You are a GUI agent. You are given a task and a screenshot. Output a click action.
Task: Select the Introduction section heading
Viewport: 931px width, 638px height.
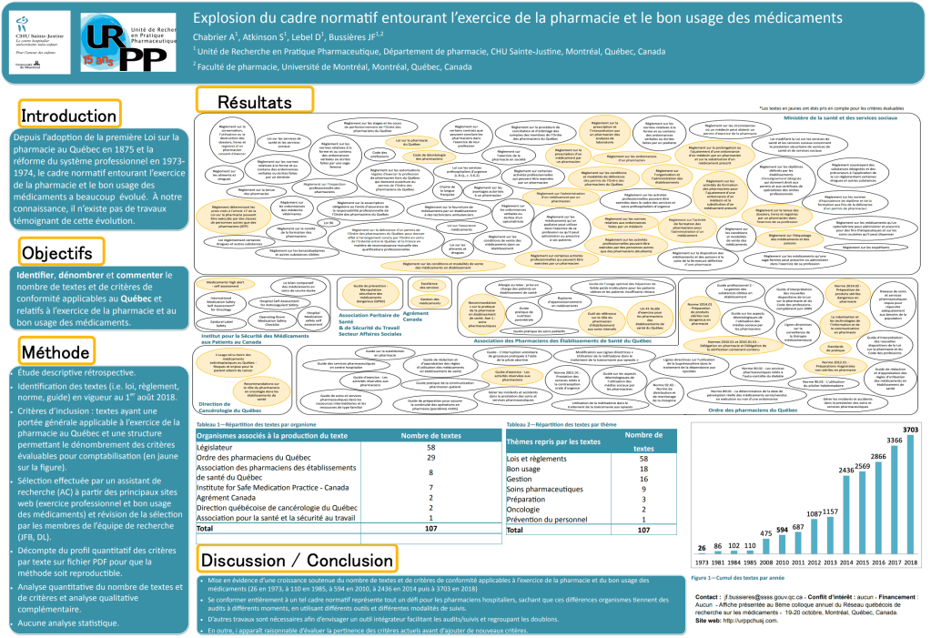[x=68, y=116]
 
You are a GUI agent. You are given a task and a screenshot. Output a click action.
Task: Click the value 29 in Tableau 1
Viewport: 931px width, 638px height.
[x=431, y=457]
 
